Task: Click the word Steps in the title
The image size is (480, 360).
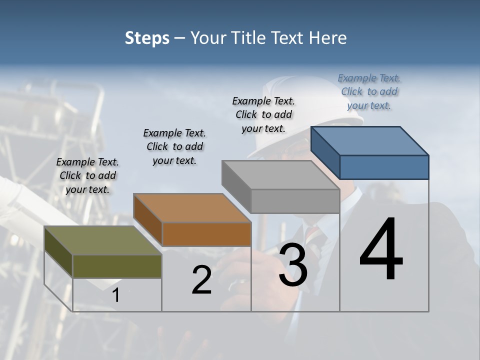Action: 147,38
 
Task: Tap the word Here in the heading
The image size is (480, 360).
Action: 328,38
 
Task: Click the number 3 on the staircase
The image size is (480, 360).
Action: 293,265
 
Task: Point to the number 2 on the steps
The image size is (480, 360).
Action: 201,280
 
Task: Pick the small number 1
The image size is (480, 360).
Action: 116,295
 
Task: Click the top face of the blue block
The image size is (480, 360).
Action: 370,141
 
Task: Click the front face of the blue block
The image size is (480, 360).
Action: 384,167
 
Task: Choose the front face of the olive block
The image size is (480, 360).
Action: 117,266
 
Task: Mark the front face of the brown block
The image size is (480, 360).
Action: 206,234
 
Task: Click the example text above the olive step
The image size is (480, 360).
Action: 87,175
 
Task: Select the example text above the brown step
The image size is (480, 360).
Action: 174,146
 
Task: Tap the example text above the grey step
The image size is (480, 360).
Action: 263,114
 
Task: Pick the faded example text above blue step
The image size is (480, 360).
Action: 369,91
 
